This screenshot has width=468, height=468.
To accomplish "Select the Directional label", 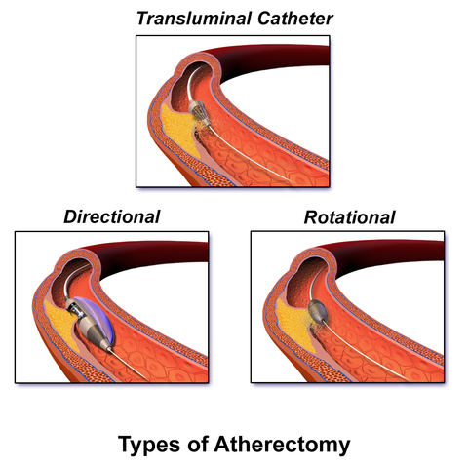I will (x=112, y=216).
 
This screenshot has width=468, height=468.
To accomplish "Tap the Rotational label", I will (x=349, y=216).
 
